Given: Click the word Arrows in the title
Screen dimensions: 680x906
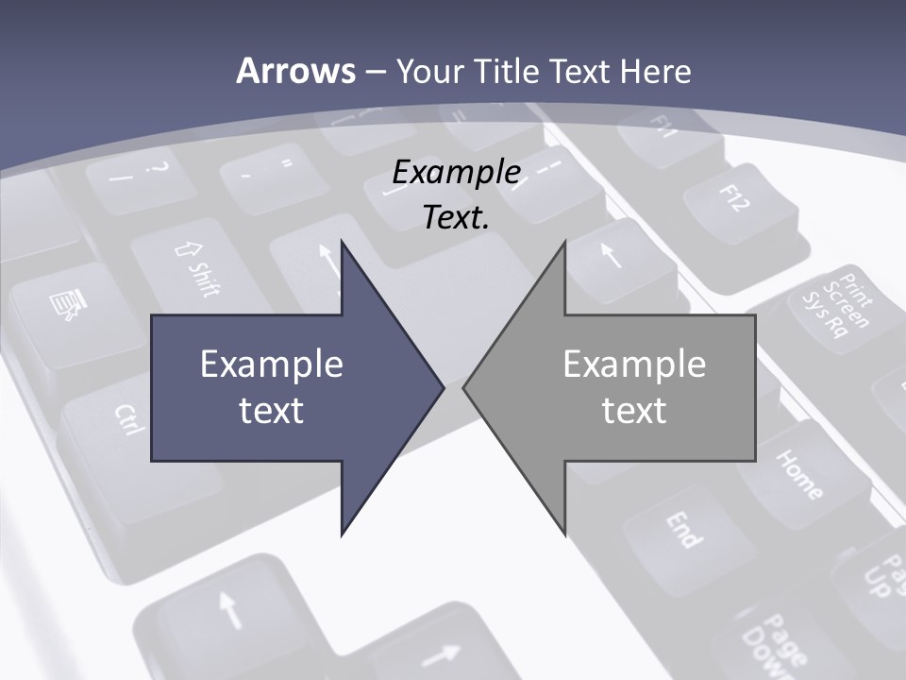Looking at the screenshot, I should [x=295, y=71].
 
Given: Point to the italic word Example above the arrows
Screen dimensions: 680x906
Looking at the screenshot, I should [x=456, y=172].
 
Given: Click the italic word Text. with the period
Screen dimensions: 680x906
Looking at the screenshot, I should [x=456, y=218].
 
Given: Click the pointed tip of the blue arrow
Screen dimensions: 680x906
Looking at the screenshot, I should [x=442, y=387].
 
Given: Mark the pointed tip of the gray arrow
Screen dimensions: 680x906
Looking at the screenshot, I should [x=465, y=387].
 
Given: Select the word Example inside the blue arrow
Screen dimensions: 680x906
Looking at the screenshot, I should [x=272, y=365].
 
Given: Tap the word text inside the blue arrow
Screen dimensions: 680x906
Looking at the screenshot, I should [x=272, y=410].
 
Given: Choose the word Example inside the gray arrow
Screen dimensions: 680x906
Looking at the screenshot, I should [x=634, y=365].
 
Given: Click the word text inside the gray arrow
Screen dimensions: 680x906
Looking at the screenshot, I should [x=634, y=410].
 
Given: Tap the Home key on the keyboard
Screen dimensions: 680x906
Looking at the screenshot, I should [x=798, y=473].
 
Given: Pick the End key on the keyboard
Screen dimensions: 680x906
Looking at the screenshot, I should [x=684, y=530].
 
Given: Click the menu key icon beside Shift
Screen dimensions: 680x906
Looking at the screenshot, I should [x=66, y=304].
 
